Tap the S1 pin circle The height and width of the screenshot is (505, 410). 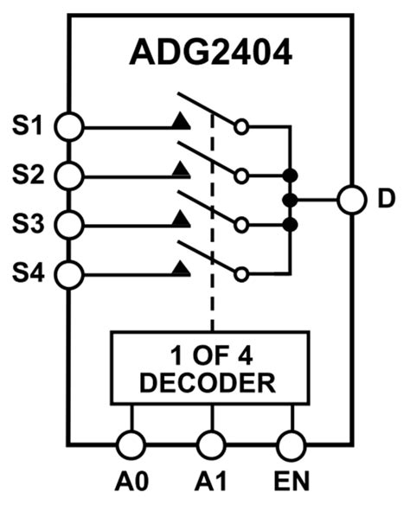pos(68,126)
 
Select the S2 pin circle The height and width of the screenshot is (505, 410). pos(68,176)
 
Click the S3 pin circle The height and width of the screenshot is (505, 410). pos(68,225)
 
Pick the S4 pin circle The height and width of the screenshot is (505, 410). pos(68,274)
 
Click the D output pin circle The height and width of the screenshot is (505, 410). pos(351,200)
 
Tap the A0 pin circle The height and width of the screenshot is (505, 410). pos(131,445)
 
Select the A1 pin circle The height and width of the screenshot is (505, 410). pos(211,445)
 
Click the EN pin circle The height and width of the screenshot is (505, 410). pos(291,445)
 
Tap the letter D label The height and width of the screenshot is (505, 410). pos(386,200)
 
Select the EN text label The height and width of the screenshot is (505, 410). pos(291,481)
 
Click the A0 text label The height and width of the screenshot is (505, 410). pos(131,481)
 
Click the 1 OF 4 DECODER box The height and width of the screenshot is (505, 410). pos(211,368)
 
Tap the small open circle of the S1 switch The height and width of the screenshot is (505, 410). pos(242,126)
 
